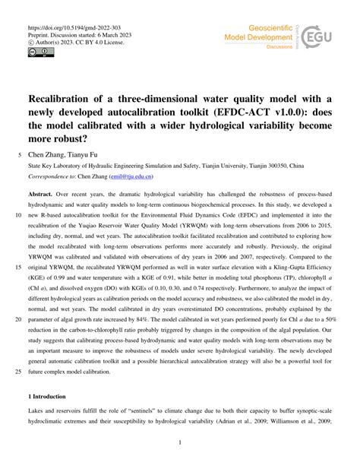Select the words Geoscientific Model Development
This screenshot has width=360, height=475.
257,34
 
